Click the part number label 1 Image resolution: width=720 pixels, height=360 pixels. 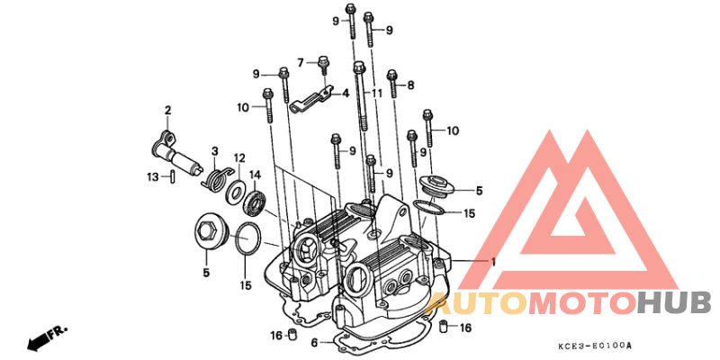(x=493, y=262)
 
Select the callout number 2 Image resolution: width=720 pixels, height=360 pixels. (x=168, y=110)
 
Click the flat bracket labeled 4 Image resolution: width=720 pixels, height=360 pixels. (x=310, y=99)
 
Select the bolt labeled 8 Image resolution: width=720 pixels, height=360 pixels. (x=392, y=83)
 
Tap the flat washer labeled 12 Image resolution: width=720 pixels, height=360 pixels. (x=235, y=191)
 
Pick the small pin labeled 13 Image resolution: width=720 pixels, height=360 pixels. (x=172, y=176)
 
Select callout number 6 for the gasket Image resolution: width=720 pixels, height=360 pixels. (x=314, y=343)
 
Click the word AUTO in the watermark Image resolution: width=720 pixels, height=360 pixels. (x=477, y=304)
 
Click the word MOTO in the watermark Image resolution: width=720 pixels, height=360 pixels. (x=583, y=304)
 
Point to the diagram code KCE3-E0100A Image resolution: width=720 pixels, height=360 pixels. (x=595, y=346)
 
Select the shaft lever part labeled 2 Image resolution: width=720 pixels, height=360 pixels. (x=176, y=154)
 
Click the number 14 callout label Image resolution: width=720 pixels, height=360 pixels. (x=255, y=175)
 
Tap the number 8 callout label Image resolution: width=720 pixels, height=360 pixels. (x=410, y=85)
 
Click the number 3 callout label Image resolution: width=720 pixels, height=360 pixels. (x=214, y=151)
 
